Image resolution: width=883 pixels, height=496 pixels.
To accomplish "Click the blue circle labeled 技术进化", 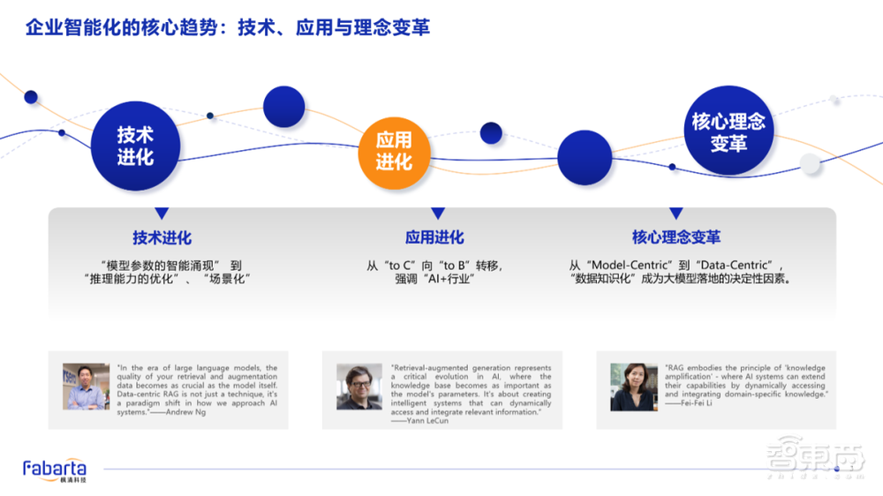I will tap(135, 147).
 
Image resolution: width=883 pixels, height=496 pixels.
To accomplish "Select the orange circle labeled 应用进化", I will tap(394, 151).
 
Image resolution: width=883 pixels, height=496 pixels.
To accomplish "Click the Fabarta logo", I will tap(55, 470).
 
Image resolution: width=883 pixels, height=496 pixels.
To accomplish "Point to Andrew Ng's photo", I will tap(86, 386).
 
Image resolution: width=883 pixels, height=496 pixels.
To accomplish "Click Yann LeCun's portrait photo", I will tap(359, 387).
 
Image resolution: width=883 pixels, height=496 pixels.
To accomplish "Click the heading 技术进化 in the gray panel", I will tap(162, 237).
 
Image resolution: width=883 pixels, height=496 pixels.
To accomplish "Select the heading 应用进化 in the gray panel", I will tap(434, 237).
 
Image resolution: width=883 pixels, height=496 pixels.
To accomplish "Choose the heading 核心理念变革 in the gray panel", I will tap(676, 237).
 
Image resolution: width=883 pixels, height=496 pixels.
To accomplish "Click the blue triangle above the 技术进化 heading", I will tap(162, 214).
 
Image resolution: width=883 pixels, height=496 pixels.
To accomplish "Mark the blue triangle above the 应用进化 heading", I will tap(437, 214).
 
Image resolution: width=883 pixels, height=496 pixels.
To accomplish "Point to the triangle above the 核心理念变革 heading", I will tap(675, 214).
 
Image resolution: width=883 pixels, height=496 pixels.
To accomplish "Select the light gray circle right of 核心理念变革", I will tap(810, 163).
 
